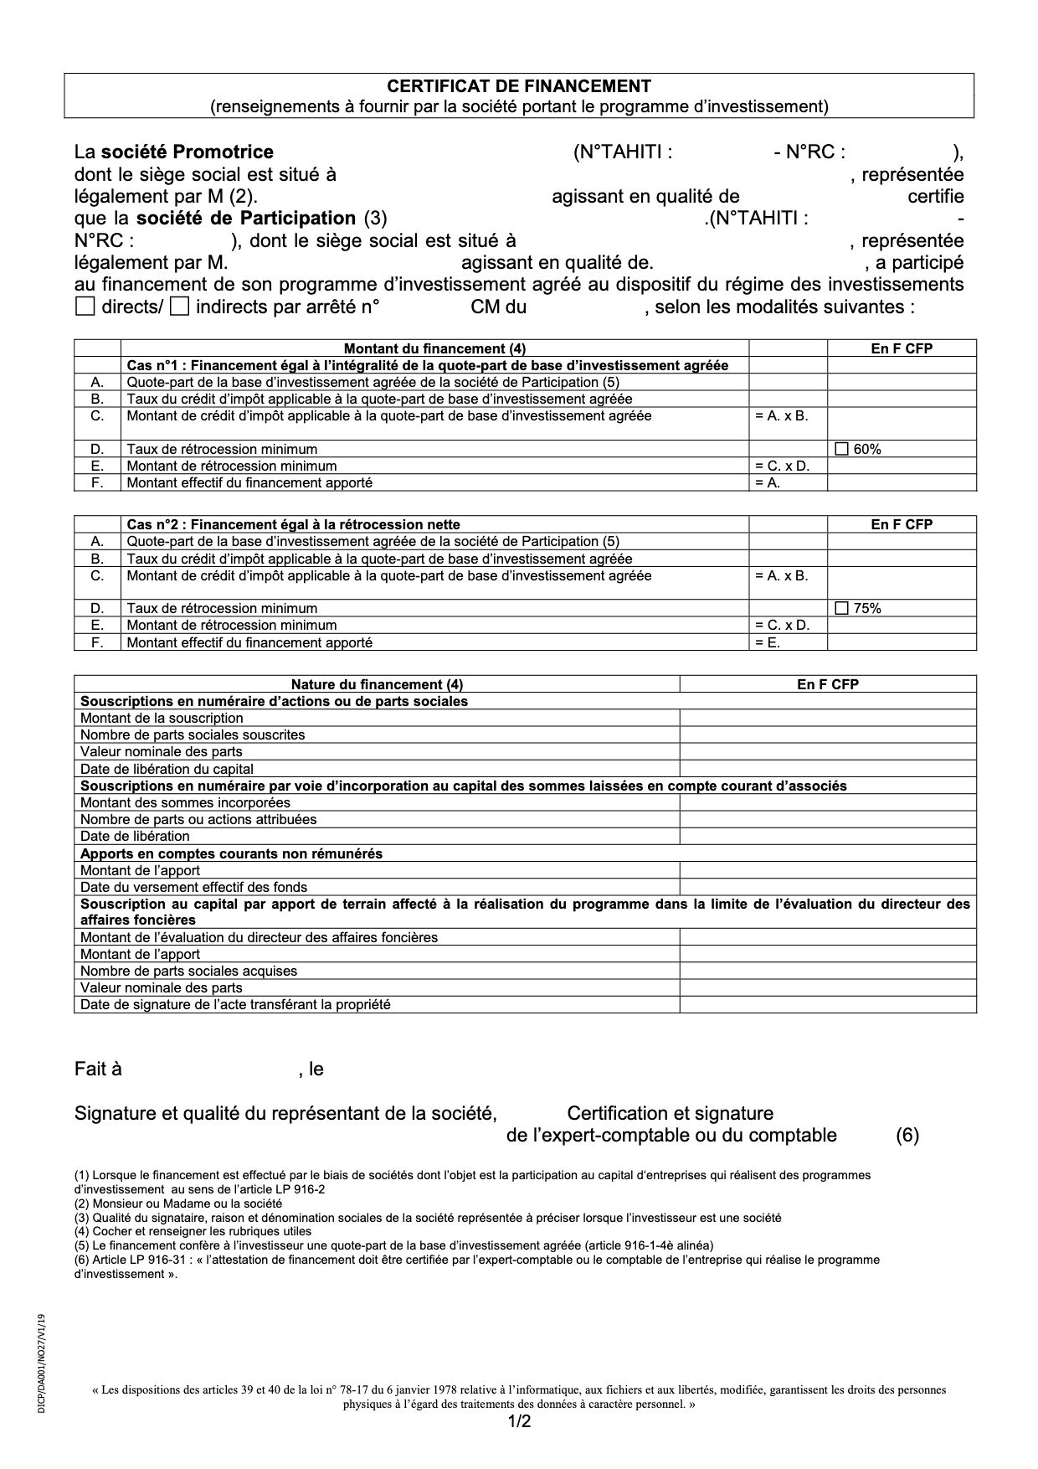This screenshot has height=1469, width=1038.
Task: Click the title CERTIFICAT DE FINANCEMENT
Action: pos(518,86)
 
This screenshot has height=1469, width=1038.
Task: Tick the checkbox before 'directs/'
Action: pos(85,307)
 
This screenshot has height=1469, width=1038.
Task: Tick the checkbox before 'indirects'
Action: pos(179,307)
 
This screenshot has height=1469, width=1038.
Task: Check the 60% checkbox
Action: pos(842,449)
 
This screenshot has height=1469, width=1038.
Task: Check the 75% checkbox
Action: pos(842,608)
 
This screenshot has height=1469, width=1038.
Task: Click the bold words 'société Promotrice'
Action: pos(188,152)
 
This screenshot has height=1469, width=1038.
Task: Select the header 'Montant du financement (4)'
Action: pos(434,348)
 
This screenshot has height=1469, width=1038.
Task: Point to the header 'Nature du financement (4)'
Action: pos(377,684)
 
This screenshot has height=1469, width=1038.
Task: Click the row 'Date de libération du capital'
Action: pos(167,769)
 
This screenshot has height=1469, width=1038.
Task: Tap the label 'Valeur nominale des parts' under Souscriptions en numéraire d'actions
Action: pos(162,752)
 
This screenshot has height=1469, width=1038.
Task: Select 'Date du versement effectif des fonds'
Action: pos(193,887)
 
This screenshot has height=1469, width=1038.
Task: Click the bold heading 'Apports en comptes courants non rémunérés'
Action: pos(231,853)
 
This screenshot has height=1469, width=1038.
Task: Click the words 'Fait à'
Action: pos(98,1070)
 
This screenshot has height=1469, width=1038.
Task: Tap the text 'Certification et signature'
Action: pos(670,1114)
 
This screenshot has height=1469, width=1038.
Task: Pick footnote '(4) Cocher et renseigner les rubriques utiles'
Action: pos(193,1231)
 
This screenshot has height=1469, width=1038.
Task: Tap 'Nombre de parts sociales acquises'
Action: pos(188,972)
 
